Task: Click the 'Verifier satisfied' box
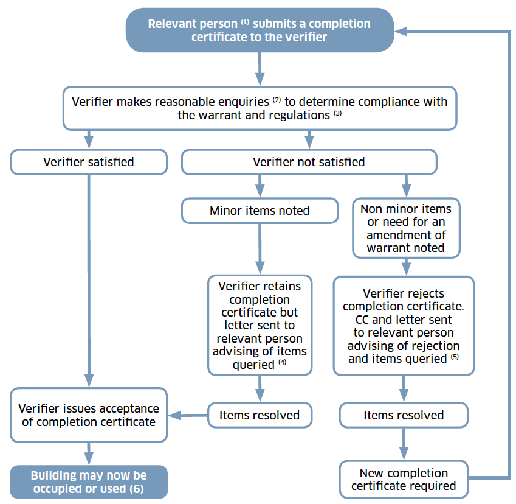click(89, 162)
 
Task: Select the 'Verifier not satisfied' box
click(309, 162)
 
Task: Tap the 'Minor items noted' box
click(260, 211)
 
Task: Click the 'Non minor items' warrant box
click(406, 228)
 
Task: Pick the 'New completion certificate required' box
click(404, 479)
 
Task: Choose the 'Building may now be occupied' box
click(89, 482)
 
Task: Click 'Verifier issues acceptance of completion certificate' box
click(89, 415)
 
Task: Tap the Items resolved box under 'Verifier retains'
click(260, 415)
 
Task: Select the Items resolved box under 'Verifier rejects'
click(404, 415)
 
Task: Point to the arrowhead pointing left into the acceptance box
click(174, 415)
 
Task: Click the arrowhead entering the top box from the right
click(401, 31)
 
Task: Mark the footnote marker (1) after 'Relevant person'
click(245, 23)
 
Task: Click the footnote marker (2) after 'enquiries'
click(277, 100)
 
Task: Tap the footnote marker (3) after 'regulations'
click(338, 113)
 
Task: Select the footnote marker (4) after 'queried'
click(283, 362)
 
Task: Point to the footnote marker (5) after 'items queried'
click(455, 356)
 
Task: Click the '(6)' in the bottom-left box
click(137, 489)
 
